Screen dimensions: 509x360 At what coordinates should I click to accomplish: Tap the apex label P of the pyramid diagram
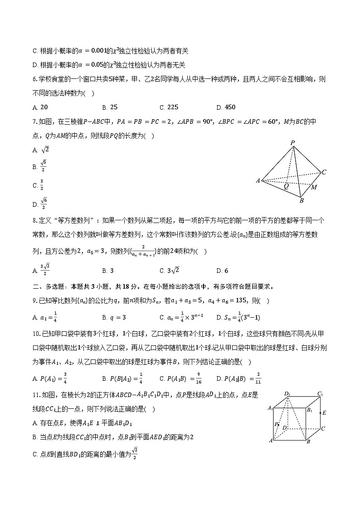(x=293, y=143)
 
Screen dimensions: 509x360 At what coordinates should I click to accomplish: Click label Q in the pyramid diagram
(x=286, y=186)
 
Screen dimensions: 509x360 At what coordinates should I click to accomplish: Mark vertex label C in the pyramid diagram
(x=324, y=172)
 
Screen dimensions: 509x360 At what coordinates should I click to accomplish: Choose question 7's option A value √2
(x=45, y=150)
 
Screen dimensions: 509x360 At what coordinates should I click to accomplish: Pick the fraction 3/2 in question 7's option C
(x=42, y=185)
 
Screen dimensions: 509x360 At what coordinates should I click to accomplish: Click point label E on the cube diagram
(x=324, y=413)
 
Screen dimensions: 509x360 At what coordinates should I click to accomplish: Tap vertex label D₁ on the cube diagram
(x=287, y=393)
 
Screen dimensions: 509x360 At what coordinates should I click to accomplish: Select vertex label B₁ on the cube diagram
(x=310, y=410)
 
